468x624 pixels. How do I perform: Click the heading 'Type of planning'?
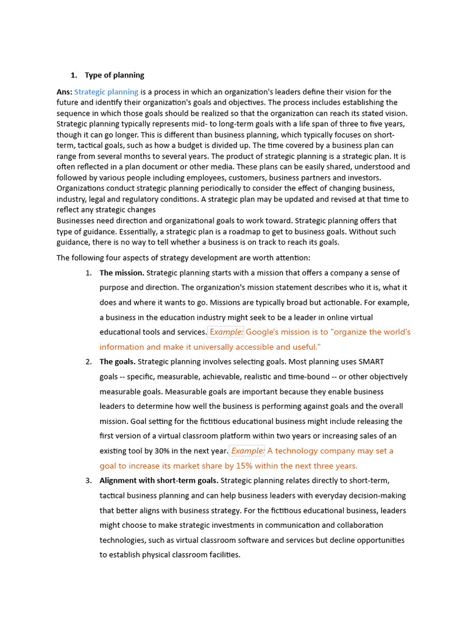click(114, 76)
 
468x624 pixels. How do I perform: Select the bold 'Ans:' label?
click(64, 92)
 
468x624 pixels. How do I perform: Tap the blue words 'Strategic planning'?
click(106, 92)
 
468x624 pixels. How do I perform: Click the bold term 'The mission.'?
click(122, 273)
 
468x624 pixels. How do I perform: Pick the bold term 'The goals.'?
click(118, 362)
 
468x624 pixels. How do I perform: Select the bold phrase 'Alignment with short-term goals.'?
click(159, 481)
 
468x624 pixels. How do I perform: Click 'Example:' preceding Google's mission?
click(226, 332)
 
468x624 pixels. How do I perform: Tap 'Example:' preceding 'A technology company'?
click(248, 451)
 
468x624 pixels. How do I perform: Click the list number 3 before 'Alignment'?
click(88, 481)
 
